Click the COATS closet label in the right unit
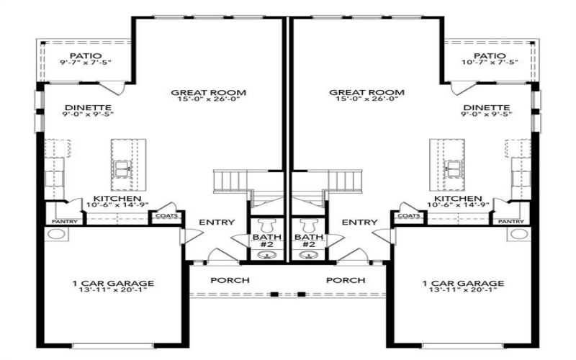408,215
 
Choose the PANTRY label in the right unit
511,222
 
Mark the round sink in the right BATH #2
308,253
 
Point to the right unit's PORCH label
345,279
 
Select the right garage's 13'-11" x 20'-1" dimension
463,292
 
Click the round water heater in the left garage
57,235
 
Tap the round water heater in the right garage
518,235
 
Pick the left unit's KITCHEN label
117,199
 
